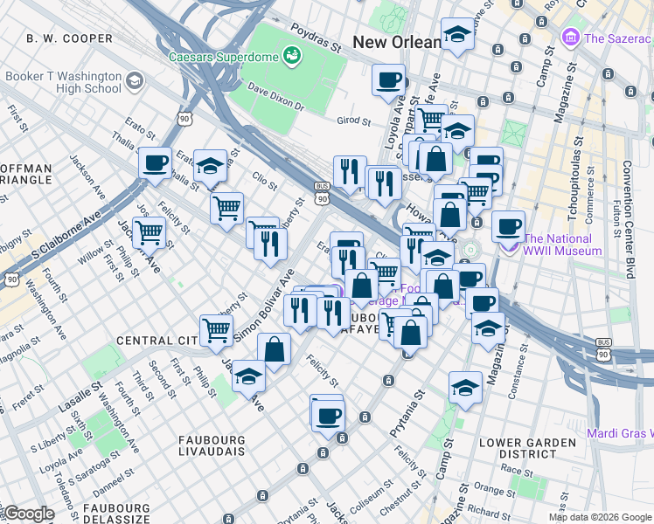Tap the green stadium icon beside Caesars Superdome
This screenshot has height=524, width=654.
coord(291,58)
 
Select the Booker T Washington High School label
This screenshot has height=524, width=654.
coord(63,82)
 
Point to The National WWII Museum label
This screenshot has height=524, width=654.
coord(562,245)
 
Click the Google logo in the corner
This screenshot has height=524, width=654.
coord(28,514)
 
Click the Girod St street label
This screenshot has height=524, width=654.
coord(354,121)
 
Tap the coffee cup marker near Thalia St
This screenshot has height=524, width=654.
coord(156,162)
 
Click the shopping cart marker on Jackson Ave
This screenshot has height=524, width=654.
coord(150,232)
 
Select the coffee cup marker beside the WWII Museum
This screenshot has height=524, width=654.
coord(508,226)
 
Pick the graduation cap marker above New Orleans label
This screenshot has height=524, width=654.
coord(456,34)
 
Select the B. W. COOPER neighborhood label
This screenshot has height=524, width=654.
coord(70,38)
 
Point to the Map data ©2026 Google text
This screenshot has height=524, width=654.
coord(598,517)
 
